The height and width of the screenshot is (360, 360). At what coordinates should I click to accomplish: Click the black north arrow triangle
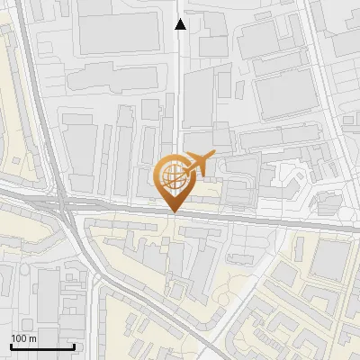pos(180,25)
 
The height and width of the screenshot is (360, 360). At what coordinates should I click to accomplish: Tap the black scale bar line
pos(42,347)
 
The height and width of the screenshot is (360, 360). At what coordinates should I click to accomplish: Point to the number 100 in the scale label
pos(19,338)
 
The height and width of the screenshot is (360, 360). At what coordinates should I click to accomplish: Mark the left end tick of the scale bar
pos(11,346)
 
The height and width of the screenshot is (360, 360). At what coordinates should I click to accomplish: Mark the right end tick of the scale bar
pos(74,346)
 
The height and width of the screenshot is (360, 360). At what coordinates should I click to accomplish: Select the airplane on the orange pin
pos(197,163)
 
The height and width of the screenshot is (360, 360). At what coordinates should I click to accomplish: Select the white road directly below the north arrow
pos(181,90)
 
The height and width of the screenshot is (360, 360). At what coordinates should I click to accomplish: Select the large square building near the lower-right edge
pos(331,261)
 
